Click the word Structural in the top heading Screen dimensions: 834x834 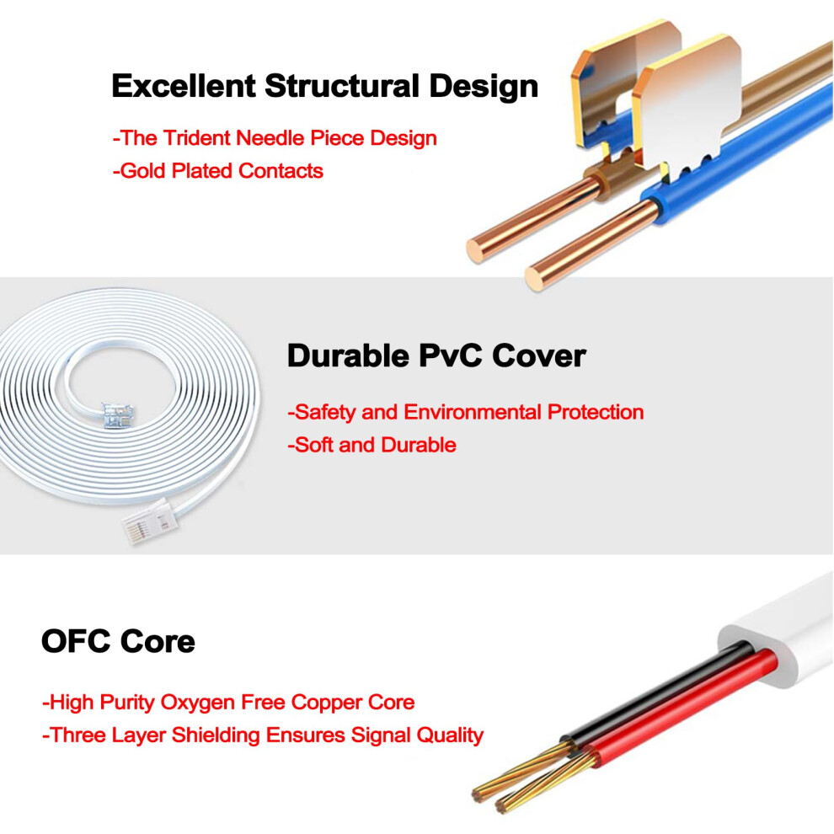(x=343, y=86)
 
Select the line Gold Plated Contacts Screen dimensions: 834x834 (x=218, y=171)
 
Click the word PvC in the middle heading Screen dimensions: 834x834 (x=451, y=356)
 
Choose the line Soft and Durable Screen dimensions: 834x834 (x=372, y=445)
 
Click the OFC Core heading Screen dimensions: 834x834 (x=118, y=641)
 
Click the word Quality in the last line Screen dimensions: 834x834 (x=450, y=736)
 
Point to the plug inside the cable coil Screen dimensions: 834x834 (x=118, y=415)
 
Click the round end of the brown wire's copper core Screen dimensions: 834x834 (x=478, y=250)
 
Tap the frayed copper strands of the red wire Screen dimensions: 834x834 (x=543, y=782)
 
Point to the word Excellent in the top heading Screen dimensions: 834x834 (x=184, y=86)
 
